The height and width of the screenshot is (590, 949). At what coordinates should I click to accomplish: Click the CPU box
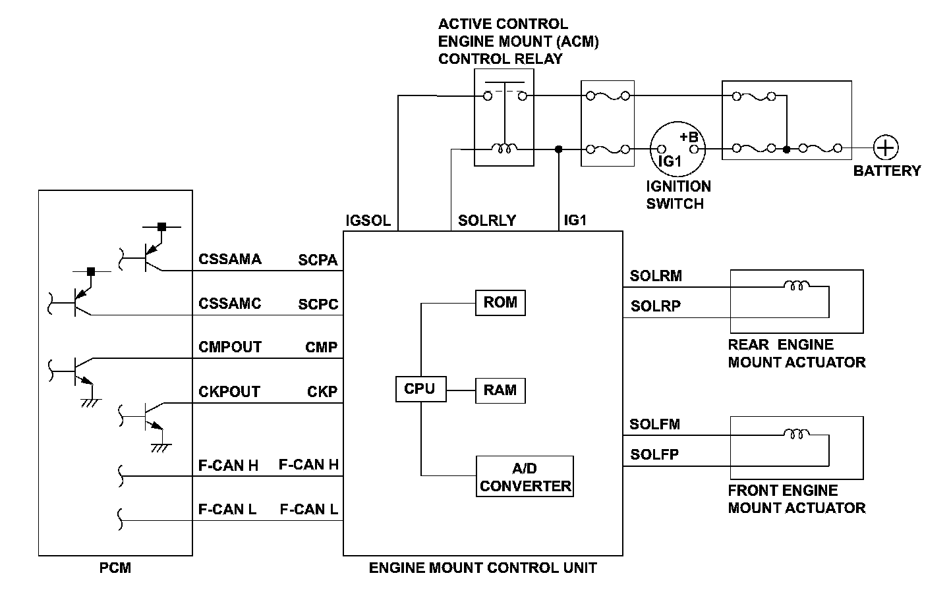pyautogui.click(x=420, y=389)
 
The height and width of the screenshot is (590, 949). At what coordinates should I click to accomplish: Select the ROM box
pyautogui.click(x=500, y=303)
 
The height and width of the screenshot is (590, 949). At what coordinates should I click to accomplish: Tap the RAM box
pyautogui.click(x=500, y=390)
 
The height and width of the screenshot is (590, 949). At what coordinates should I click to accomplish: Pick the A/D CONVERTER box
pyautogui.click(x=525, y=477)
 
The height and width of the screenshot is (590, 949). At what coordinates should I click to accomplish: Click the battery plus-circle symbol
pyautogui.click(x=886, y=148)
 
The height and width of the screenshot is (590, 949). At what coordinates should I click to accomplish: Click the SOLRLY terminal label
pyautogui.click(x=487, y=221)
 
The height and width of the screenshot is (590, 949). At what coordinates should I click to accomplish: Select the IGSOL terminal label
pyautogui.click(x=368, y=221)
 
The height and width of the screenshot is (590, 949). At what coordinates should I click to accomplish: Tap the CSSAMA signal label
pyautogui.click(x=230, y=259)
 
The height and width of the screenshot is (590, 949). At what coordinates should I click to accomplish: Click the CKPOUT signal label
pyautogui.click(x=229, y=392)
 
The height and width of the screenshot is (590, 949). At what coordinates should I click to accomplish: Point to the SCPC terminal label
pyautogui.click(x=318, y=304)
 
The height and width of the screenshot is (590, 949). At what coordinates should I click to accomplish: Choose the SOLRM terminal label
pyautogui.click(x=656, y=276)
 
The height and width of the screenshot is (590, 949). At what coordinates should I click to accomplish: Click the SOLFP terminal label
pyautogui.click(x=654, y=454)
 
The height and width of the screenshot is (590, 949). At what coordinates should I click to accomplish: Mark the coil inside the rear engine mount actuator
pyautogui.click(x=796, y=286)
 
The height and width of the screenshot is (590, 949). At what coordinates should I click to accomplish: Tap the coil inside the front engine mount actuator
pyautogui.click(x=796, y=433)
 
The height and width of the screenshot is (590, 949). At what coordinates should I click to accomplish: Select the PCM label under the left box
pyautogui.click(x=115, y=568)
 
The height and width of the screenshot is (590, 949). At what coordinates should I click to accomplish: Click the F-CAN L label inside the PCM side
pyautogui.click(x=227, y=510)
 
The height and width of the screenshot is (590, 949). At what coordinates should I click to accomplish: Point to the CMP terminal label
pyautogui.click(x=322, y=348)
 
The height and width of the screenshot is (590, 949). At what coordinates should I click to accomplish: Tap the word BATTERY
pyautogui.click(x=886, y=171)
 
